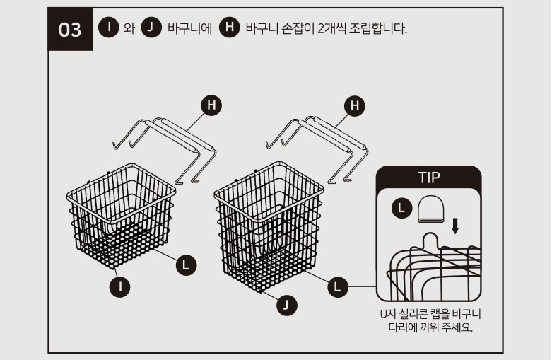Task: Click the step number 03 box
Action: [70, 29]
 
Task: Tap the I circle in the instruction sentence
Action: [108, 27]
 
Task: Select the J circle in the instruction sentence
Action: [151, 27]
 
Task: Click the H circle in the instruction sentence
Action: [229, 27]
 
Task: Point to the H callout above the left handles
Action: [211, 105]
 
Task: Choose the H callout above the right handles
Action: [355, 105]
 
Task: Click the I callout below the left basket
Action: [120, 286]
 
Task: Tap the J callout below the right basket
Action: [286, 305]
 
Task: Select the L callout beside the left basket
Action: [186, 265]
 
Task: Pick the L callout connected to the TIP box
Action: [338, 286]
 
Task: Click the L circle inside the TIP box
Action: [401, 208]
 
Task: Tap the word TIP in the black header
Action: [429, 178]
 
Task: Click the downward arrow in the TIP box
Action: [455, 226]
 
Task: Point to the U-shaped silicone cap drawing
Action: [430, 209]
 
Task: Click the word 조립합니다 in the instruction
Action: [377, 28]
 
